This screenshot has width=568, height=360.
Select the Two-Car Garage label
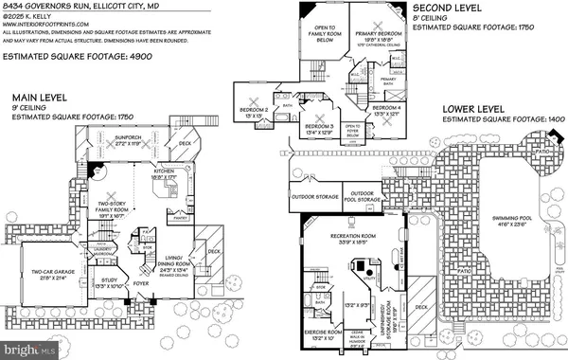[x=45, y=271]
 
